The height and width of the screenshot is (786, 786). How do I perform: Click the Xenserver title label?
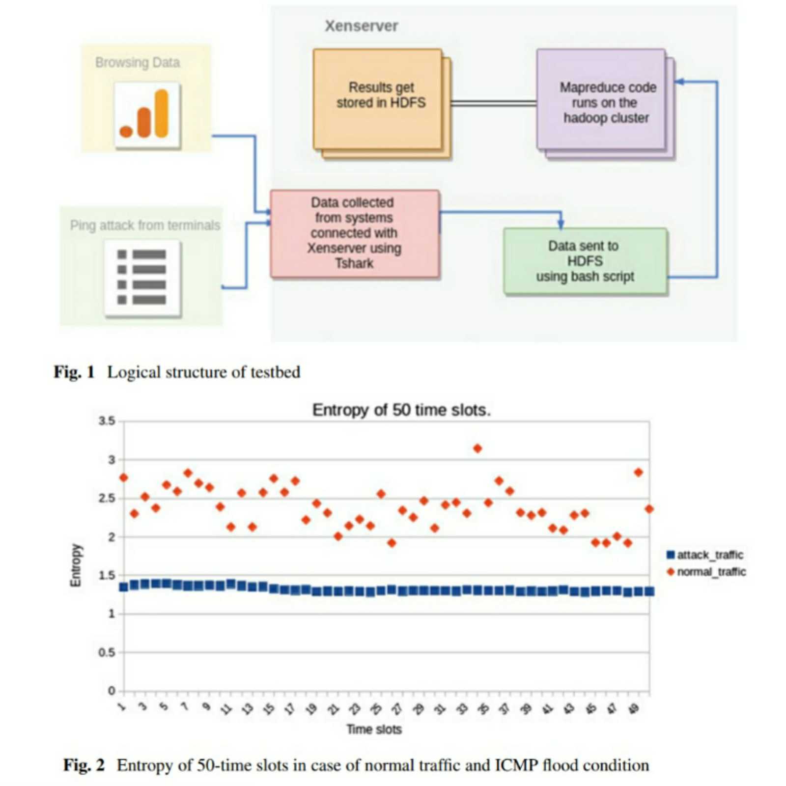pyautogui.click(x=361, y=26)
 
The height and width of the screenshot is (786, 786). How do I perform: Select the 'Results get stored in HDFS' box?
pyautogui.click(x=378, y=98)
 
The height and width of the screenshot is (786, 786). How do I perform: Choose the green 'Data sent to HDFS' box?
pyautogui.click(x=585, y=261)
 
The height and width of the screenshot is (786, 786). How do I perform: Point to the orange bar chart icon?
pyautogui.click(x=147, y=115)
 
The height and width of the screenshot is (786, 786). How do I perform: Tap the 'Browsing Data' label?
pyautogui.click(x=138, y=62)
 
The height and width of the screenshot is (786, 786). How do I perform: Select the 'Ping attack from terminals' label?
pyautogui.click(x=145, y=225)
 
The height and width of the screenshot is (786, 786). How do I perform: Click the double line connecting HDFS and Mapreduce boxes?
pyautogui.click(x=493, y=103)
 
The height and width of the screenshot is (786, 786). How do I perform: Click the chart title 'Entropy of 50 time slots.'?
pyautogui.click(x=401, y=410)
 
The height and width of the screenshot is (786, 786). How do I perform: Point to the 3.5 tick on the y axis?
pyautogui.click(x=107, y=421)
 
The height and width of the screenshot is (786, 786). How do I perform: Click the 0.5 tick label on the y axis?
pyautogui.click(x=107, y=652)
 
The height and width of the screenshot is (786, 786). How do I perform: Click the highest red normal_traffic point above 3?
pyautogui.click(x=477, y=449)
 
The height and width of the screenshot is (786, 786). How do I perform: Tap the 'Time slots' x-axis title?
pyautogui.click(x=374, y=730)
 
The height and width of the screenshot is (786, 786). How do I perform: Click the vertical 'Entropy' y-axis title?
pyautogui.click(x=76, y=565)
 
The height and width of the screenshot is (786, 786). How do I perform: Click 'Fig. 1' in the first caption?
pyautogui.click(x=74, y=372)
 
